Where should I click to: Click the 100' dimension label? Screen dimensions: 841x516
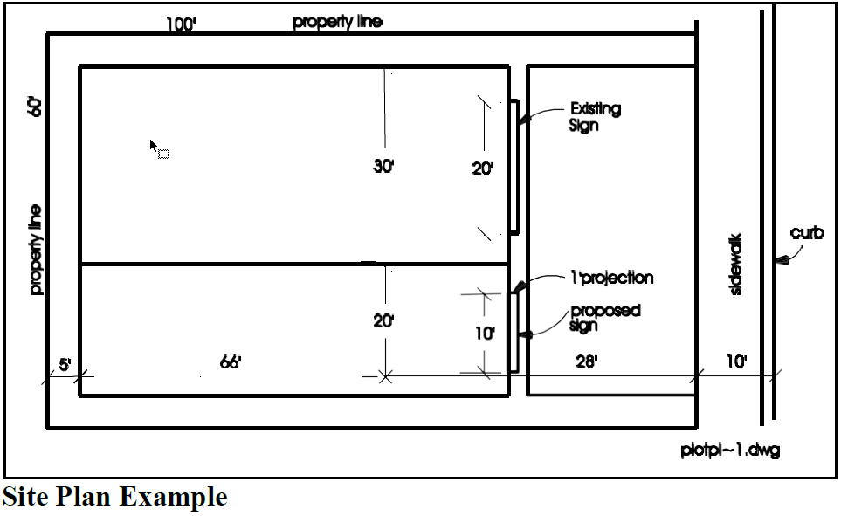[181, 24]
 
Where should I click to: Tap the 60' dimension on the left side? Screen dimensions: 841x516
[36, 107]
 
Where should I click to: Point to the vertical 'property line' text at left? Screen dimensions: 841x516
[36, 249]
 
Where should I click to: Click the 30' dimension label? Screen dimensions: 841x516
[384, 167]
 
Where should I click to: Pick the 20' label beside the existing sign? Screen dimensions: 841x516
[483, 169]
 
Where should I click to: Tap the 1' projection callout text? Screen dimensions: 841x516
[610, 279]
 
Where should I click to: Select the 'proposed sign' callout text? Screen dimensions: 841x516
[604, 318]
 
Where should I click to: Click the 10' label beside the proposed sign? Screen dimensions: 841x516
[486, 334]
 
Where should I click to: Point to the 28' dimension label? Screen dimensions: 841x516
[586, 362]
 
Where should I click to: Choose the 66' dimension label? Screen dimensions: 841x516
[231, 362]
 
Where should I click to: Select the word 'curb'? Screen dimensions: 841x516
[807, 233]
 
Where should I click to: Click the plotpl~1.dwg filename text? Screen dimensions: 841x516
[730, 451]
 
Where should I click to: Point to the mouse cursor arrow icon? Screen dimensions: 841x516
[155, 146]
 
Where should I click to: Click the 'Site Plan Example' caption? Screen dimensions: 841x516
[114, 498]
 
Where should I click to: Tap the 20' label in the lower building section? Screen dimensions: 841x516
[384, 321]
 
